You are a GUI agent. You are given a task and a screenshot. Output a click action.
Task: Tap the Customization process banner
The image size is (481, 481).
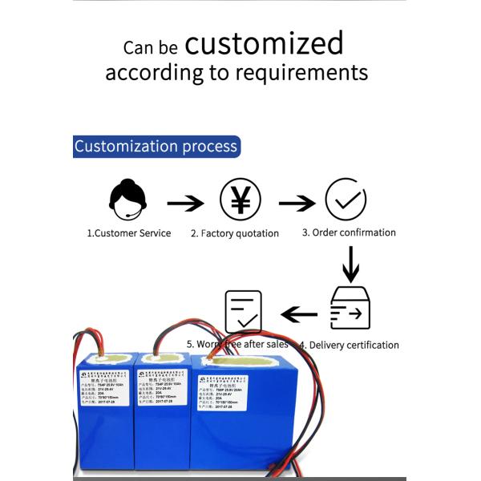(x=156, y=147)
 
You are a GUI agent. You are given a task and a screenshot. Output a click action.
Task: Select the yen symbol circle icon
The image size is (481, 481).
(x=240, y=200)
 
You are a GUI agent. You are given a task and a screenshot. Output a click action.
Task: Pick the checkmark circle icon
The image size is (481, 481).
(x=346, y=200)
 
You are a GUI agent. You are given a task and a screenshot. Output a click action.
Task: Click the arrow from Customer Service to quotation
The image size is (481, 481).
(x=184, y=202)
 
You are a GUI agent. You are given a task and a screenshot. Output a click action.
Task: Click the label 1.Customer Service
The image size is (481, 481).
(x=128, y=233)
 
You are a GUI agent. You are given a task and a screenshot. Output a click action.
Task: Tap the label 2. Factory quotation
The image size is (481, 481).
(x=235, y=234)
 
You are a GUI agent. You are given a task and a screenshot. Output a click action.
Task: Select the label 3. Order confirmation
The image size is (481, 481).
(x=349, y=232)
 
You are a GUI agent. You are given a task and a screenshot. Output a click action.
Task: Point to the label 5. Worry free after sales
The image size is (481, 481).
(x=237, y=344)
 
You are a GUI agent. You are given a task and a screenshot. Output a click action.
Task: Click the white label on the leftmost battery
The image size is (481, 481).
(x=111, y=389)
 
